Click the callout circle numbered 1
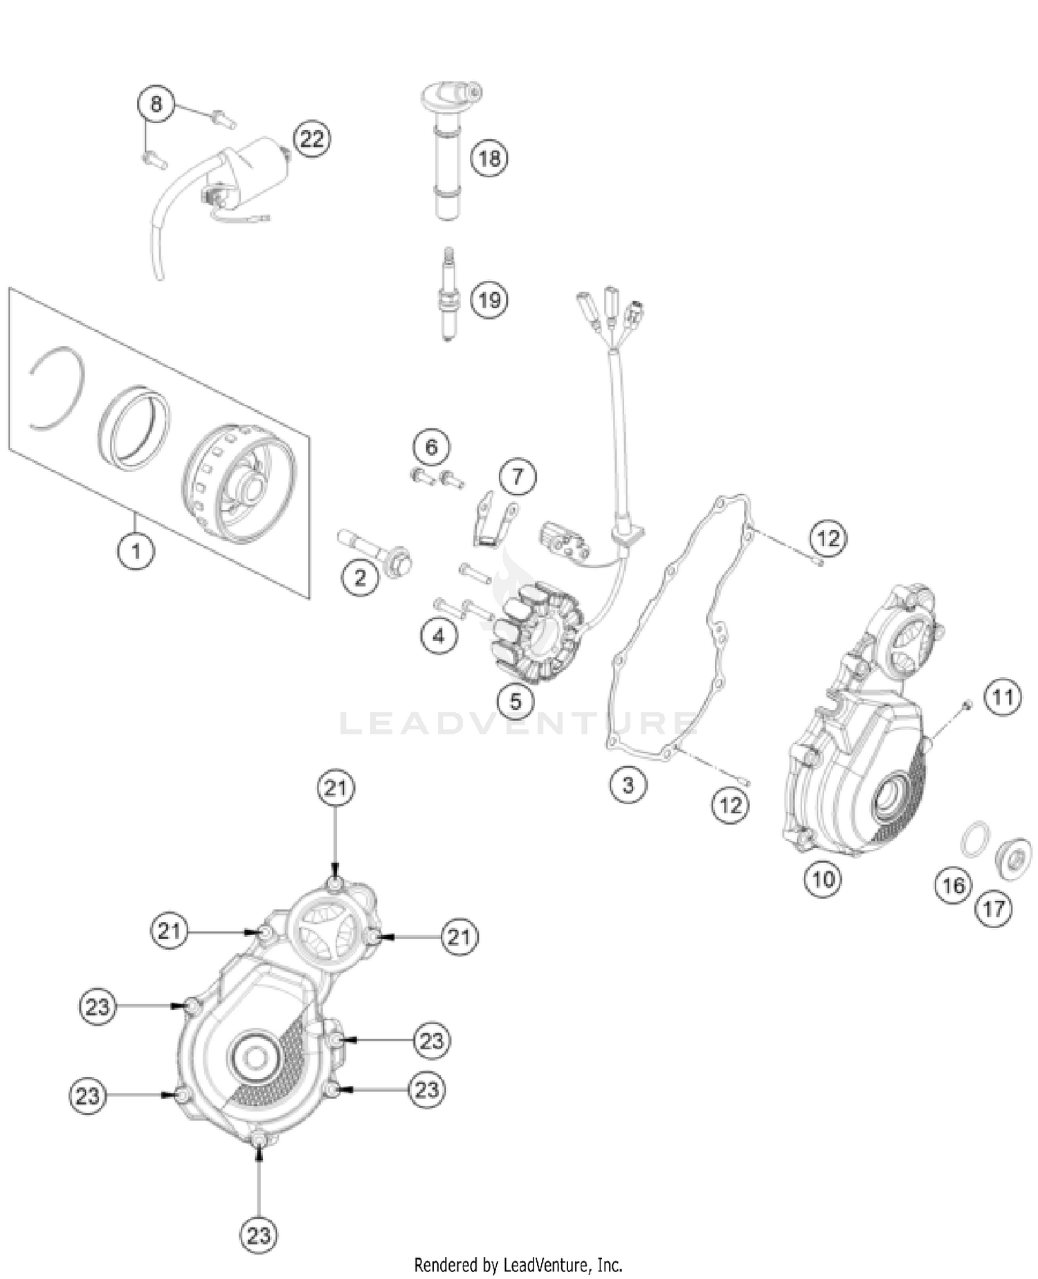pos(136,551)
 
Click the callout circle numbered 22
pos(311,139)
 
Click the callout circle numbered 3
pos(628,785)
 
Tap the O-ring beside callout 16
pos(974,839)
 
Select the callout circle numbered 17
pos(994,908)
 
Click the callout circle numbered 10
pos(823,879)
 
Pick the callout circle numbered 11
pos(1003,697)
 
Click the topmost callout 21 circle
pos(336,788)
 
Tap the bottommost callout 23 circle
pos(259,1234)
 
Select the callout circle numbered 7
pos(517,476)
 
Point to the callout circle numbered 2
pos(360,577)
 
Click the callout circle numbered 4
pos(439,635)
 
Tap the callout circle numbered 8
pos(156,104)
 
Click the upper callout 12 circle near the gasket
pos(828,538)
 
